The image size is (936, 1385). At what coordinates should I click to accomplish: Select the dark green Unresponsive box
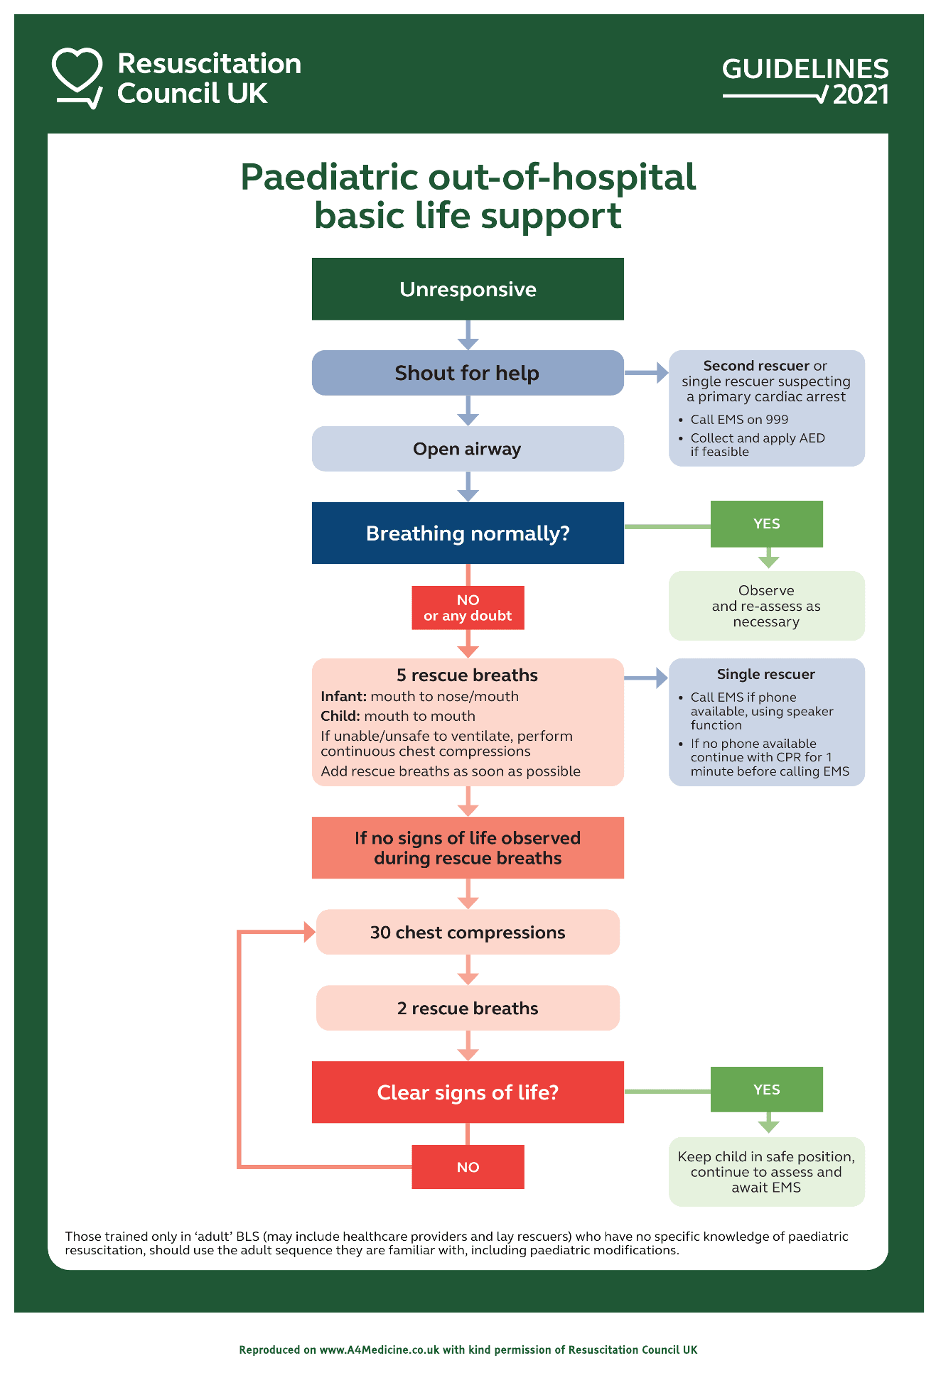[468, 289]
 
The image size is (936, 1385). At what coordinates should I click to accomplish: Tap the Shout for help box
[468, 373]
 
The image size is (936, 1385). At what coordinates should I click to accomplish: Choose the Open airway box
[468, 449]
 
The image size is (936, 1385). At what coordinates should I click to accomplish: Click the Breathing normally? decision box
[468, 533]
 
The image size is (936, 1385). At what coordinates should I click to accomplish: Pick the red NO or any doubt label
[468, 608]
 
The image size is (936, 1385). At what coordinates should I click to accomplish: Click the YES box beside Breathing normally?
[766, 524]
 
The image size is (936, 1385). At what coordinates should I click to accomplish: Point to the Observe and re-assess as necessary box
[766, 606]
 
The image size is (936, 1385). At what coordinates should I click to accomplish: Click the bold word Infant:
[343, 697]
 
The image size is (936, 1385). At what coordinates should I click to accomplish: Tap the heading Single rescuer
[765, 675]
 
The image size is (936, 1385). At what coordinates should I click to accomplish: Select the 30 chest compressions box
[468, 933]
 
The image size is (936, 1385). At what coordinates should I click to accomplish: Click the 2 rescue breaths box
[468, 1009]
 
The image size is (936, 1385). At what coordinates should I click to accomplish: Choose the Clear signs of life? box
[468, 1092]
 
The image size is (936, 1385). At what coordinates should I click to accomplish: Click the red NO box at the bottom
[468, 1167]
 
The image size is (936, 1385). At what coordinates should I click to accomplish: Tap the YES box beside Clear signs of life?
[766, 1090]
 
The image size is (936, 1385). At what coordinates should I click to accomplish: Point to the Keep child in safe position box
[766, 1172]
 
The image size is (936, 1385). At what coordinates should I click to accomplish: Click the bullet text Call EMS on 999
[739, 420]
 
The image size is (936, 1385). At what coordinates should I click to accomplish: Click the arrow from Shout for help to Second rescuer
[646, 373]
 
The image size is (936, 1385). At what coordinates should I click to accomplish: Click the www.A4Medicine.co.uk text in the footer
[379, 1349]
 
